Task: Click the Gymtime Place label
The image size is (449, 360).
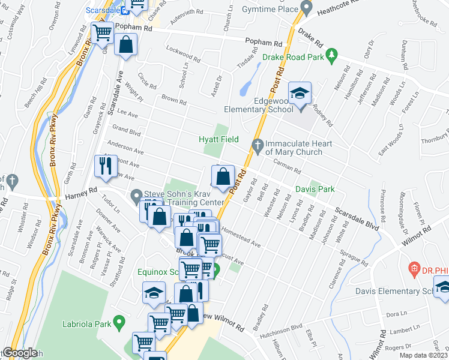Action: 270,9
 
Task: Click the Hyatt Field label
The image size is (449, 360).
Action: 218,139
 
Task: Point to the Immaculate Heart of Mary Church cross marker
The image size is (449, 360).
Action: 258,144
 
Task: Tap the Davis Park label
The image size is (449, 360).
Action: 315,189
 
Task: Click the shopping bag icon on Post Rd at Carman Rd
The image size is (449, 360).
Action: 223,177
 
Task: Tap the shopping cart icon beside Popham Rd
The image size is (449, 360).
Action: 102,32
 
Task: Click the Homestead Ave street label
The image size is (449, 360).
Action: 240,236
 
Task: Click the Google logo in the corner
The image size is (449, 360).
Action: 19,353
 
